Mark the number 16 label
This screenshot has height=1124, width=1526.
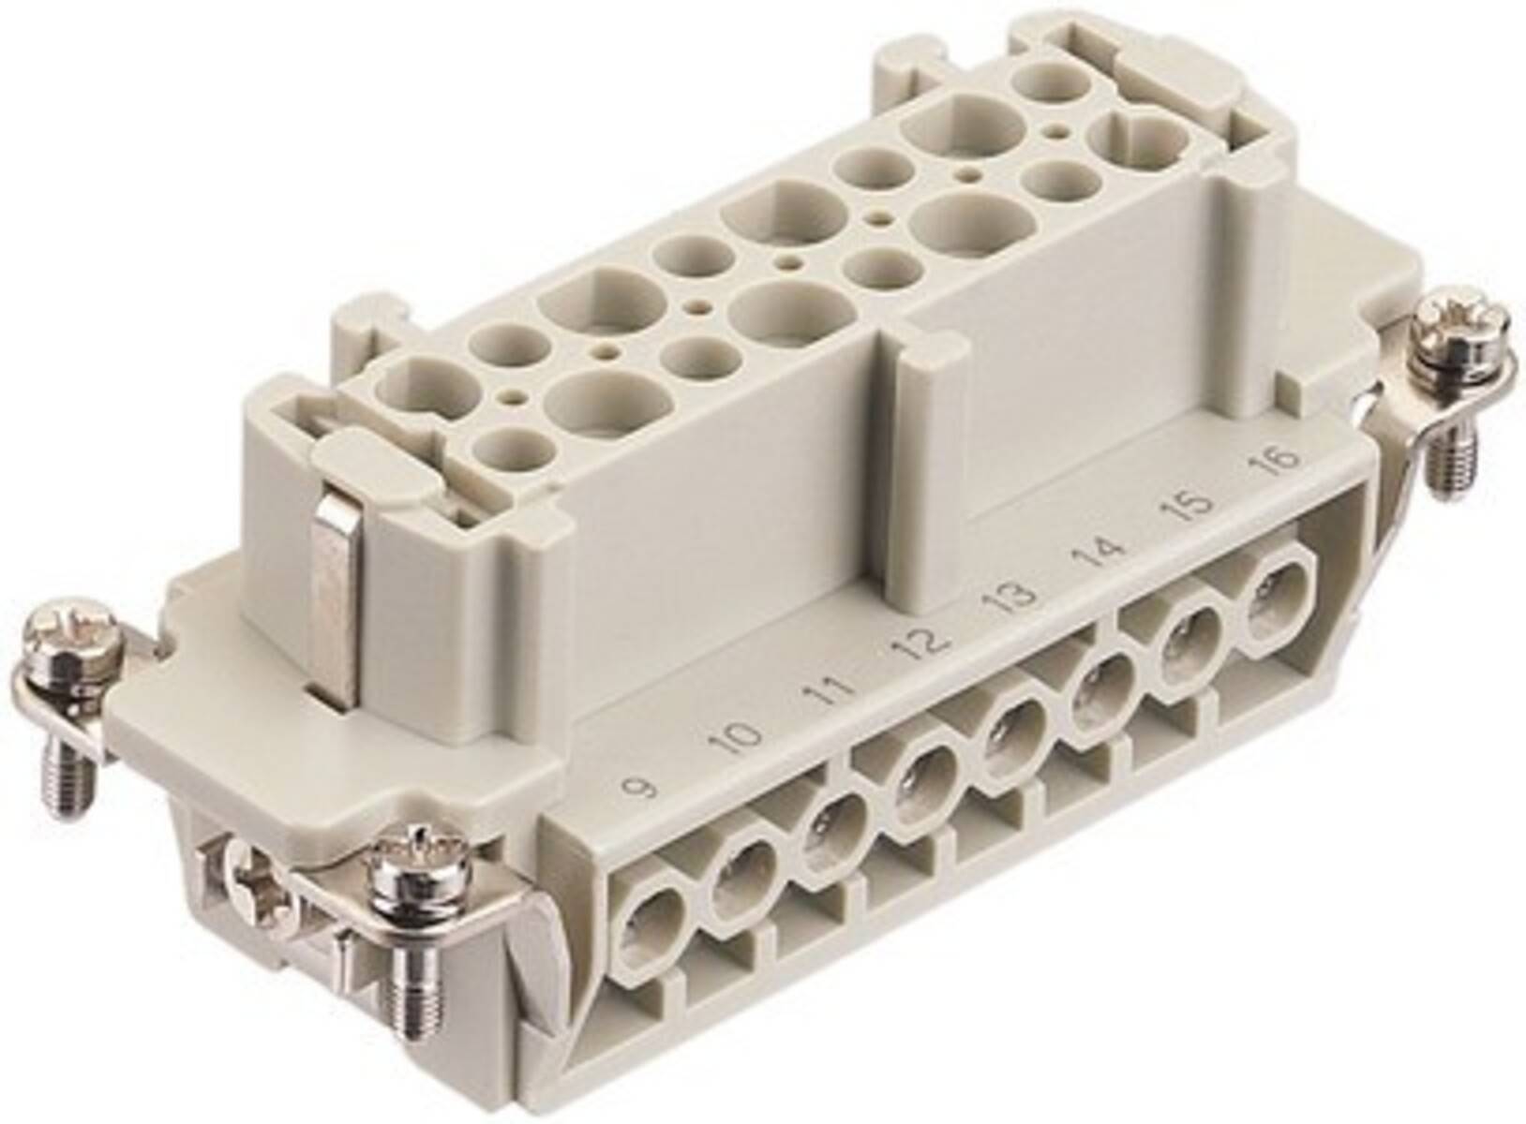coord(1280,460)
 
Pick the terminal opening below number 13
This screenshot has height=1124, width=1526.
coord(1010,729)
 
